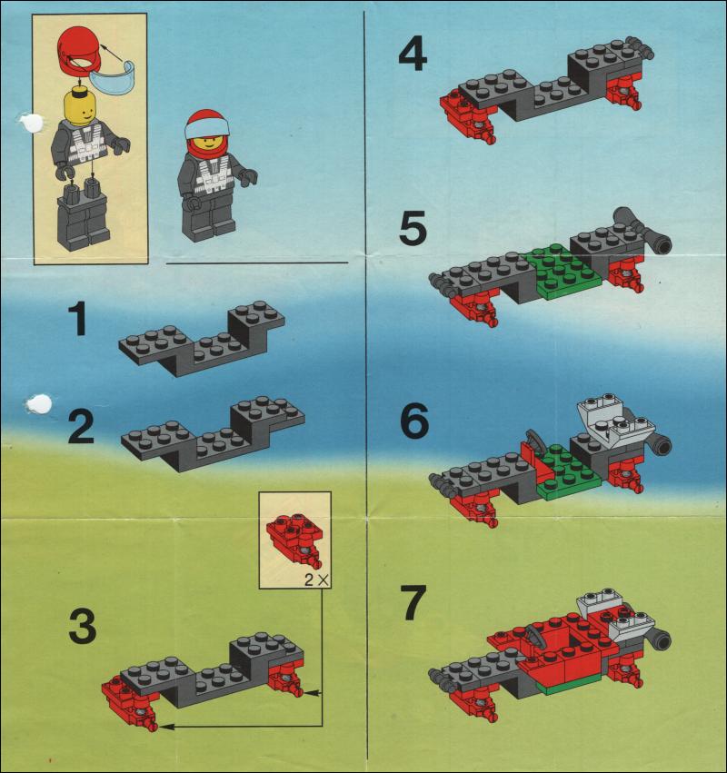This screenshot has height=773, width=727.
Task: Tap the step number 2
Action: [81, 427]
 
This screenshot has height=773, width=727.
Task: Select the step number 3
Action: [83, 626]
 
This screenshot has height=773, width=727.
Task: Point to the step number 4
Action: [413, 55]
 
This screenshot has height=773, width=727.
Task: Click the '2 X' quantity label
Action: [316, 580]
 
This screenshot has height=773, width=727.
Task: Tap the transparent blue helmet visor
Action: [115, 79]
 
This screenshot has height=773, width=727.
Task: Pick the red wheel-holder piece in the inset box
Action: [295, 540]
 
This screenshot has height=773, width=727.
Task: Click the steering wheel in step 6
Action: [533, 439]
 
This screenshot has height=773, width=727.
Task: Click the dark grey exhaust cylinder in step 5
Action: [643, 229]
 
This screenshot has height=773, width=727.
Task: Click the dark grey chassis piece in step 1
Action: [202, 339]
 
